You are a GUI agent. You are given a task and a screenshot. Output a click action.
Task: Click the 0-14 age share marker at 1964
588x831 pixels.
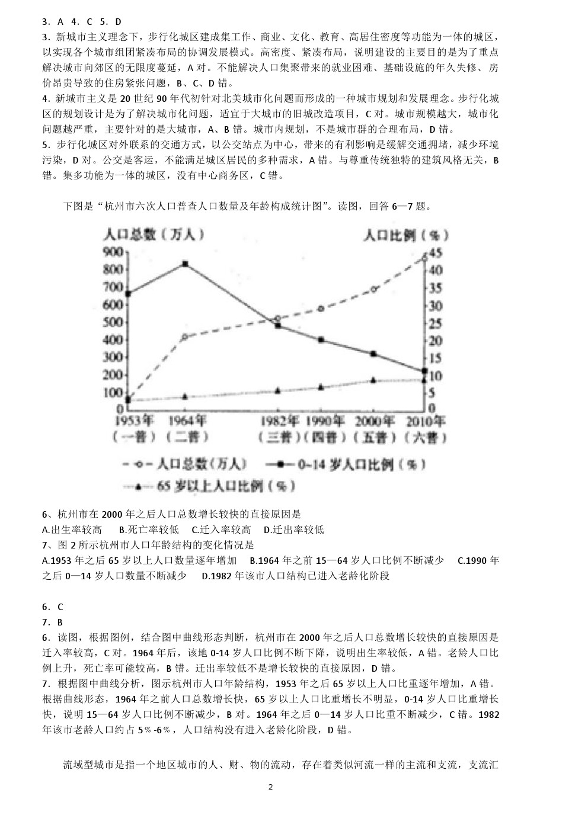[x=186, y=264]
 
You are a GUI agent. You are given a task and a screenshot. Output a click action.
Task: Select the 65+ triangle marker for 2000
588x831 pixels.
[x=373, y=380]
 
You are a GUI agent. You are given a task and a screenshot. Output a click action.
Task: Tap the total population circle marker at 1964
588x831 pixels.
[x=185, y=337]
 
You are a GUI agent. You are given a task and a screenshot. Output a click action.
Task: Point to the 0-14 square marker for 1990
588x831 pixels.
[x=321, y=339]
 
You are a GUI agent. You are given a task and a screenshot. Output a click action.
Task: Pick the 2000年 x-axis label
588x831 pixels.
[x=375, y=421]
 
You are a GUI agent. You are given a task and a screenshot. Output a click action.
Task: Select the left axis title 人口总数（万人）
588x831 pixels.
[x=154, y=235]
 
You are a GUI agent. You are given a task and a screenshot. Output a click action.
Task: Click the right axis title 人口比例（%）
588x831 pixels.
[x=406, y=235]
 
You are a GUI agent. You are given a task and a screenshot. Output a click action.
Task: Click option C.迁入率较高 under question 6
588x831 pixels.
[x=221, y=530]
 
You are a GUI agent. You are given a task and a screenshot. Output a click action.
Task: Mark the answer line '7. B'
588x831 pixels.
[x=53, y=622]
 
